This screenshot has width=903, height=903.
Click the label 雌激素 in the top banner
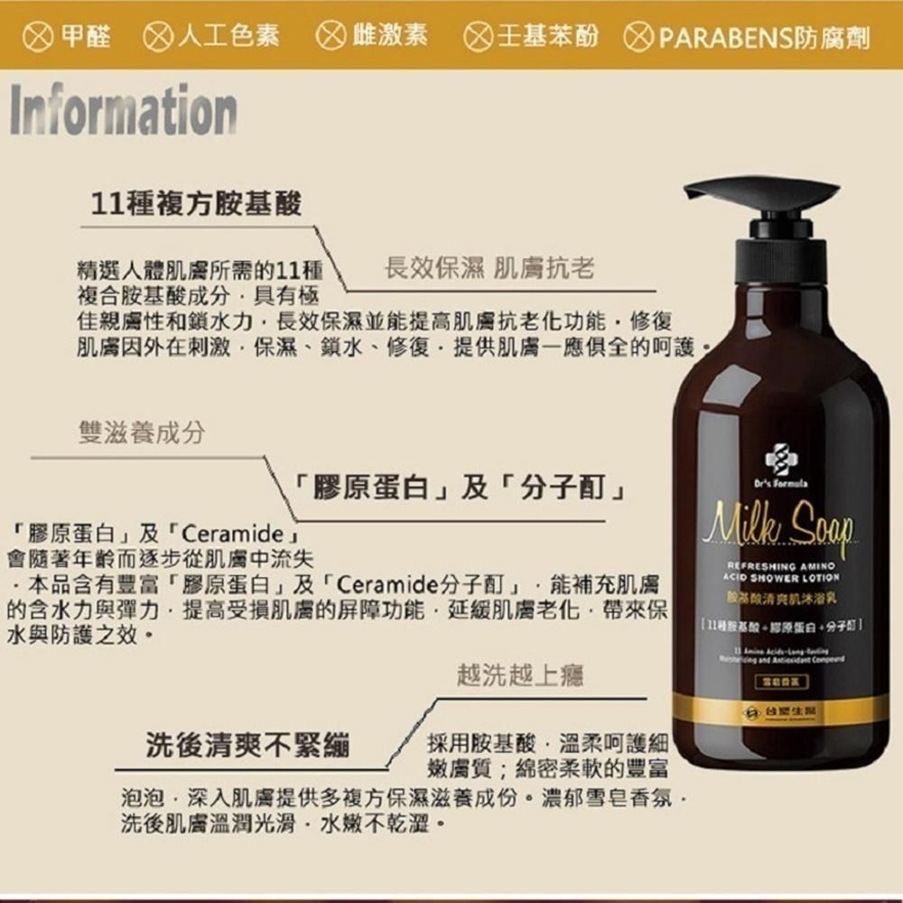[x=390, y=36]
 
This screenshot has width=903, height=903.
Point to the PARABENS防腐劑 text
[x=764, y=37]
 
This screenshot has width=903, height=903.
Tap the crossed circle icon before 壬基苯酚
[x=478, y=36]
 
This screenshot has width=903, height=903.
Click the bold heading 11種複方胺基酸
[x=198, y=204]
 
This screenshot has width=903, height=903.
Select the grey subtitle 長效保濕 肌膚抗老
[x=489, y=267]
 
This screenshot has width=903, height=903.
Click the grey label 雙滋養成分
[x=141, y=433]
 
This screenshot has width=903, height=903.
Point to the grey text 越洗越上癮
[x=519, y=675]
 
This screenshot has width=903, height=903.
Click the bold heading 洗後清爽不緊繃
[x=249, y=746]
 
